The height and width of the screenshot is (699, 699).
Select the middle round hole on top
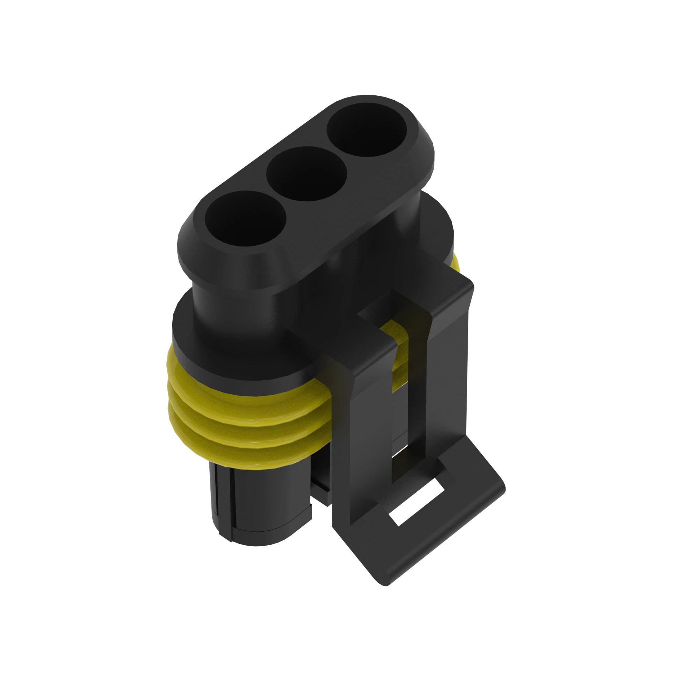pyautogui.click(x=307, y=174)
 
